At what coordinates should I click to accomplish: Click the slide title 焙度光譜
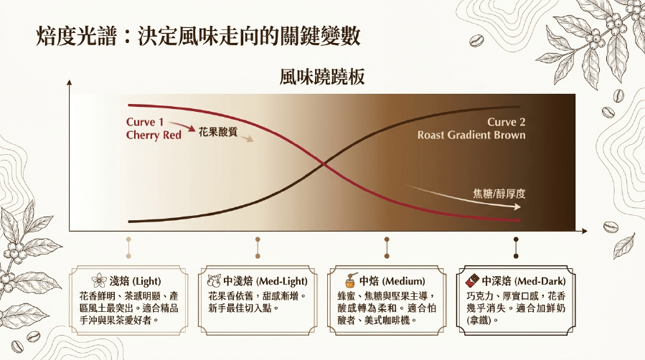76,36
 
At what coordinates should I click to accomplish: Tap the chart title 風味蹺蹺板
322,77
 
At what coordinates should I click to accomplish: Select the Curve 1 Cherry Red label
154,128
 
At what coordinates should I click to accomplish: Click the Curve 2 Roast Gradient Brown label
471,128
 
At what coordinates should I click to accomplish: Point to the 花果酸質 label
218,131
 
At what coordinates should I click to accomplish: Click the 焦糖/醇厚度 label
499,194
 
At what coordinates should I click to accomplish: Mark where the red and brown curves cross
324,165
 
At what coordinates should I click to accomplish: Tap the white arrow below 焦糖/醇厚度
464,198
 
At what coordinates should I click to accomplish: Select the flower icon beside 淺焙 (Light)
99,280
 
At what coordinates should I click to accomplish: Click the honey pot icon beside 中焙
350,280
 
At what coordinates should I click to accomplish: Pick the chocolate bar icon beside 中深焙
472,280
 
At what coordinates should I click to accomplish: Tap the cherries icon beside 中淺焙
214,280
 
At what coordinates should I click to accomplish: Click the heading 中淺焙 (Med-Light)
265,281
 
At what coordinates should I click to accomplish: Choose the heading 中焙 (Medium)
392,281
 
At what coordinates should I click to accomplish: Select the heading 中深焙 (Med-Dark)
524,281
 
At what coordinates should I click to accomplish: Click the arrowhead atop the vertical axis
69,82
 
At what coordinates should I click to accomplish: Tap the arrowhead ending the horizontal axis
585,232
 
